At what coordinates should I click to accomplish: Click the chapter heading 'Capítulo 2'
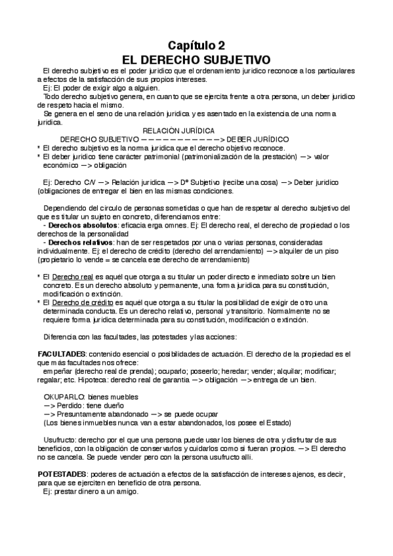click(196, 45)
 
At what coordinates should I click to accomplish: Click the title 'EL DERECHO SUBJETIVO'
click(196, 58)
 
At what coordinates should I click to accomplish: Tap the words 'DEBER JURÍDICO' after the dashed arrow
click(259, 140)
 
